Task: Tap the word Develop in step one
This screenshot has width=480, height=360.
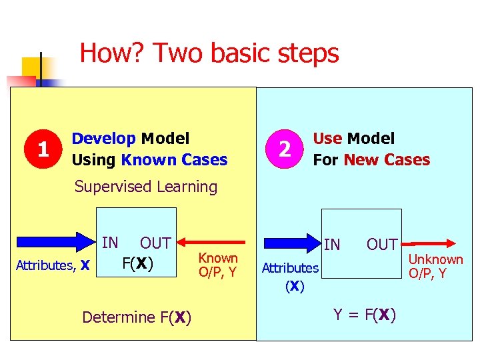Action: pos(103,139)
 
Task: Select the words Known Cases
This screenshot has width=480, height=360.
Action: pos(175,160)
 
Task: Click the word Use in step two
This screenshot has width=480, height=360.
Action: pos(327,139)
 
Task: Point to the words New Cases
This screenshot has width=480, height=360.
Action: pos(387,160)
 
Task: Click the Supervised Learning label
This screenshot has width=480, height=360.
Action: pos(146,187)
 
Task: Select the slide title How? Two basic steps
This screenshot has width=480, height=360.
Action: pos(209,53)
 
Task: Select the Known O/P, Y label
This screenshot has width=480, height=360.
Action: pos(218,265)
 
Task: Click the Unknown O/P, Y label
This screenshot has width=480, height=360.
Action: pos(435,266)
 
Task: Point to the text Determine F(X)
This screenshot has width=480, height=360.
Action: pos(137,317)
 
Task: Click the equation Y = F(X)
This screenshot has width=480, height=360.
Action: pos(365,315)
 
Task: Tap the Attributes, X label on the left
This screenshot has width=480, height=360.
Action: pos(53,265)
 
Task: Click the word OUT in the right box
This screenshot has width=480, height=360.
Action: pos(382,245)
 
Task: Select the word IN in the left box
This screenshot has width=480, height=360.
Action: pos(110,243)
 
